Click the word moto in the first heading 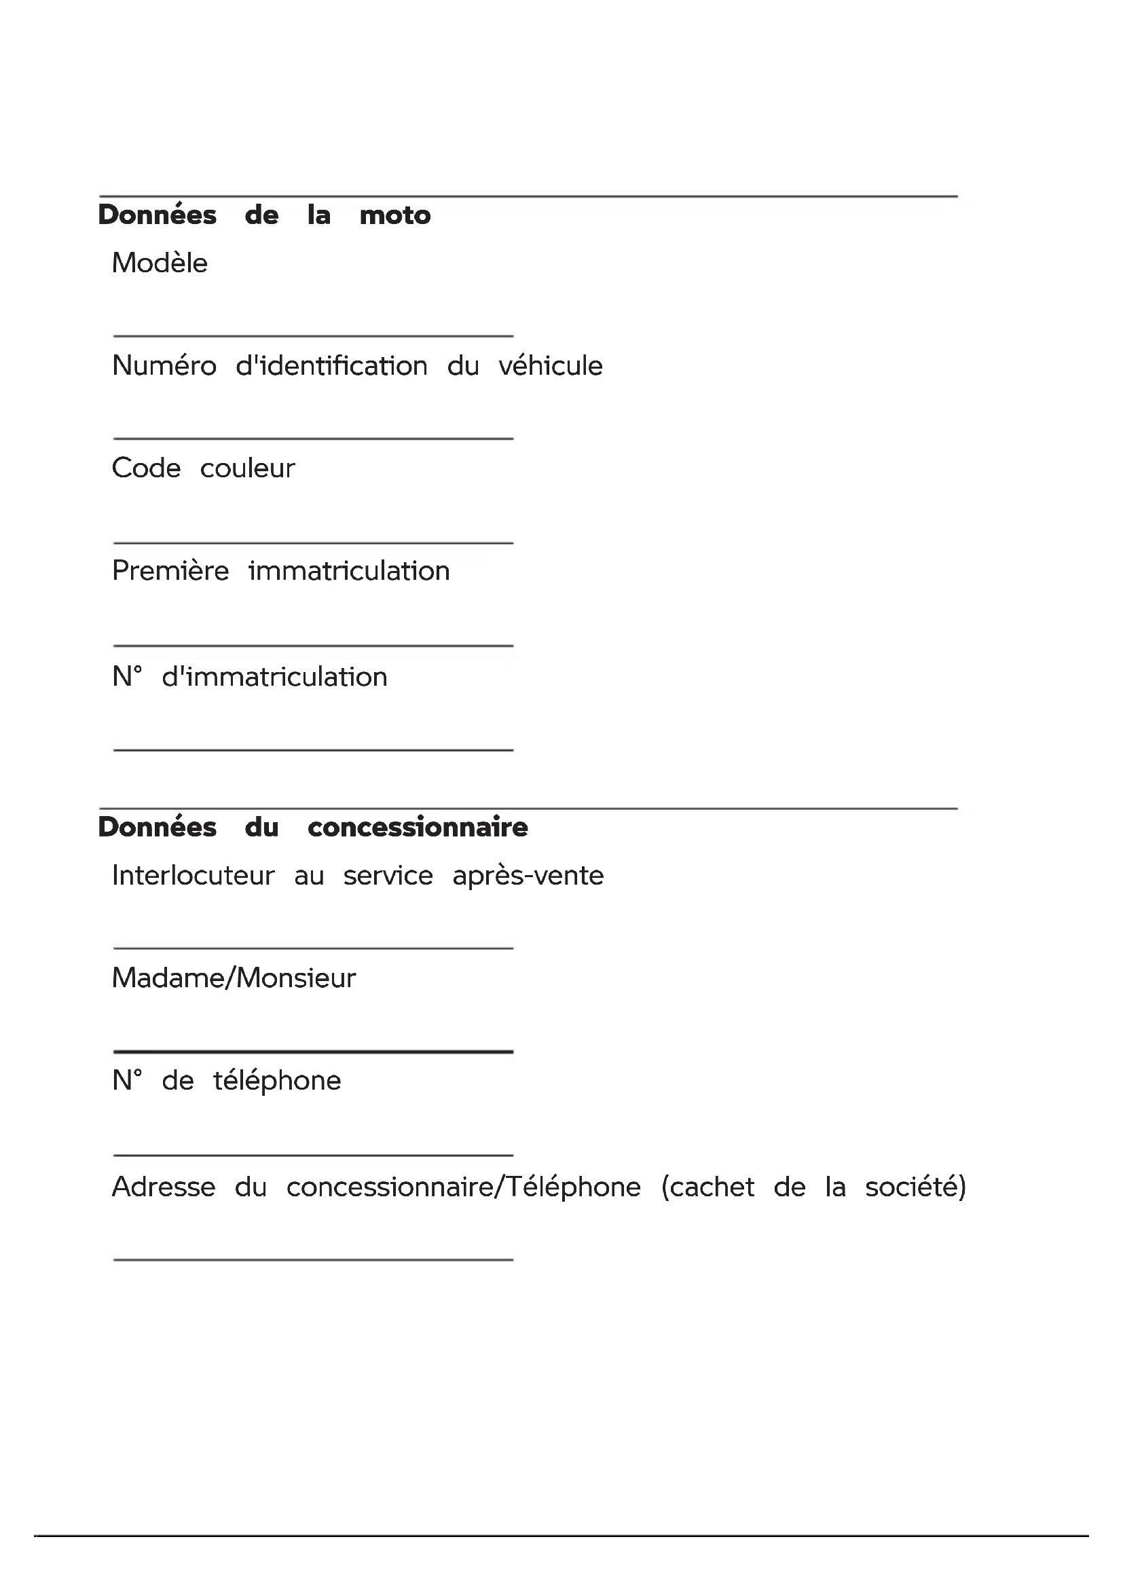[395, 215]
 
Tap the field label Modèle [160, 263]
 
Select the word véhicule [551, 366]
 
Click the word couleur [248, 468]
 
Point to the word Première [170, 571]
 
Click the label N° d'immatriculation [250, 677]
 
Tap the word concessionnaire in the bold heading [418, 827]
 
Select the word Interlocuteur [193, 876]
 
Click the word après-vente [528, 876]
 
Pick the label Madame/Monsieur [234, 978]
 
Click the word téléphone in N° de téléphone [276, 1081]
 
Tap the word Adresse [164, 1187]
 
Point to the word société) [915, 1187]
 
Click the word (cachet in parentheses [707, 1187]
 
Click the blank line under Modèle [313, 335]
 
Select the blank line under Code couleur [313, 543]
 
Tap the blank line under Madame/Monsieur [313, 1051]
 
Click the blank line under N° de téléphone [313, 1155]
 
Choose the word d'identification [332, 366]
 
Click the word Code [147, 468]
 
